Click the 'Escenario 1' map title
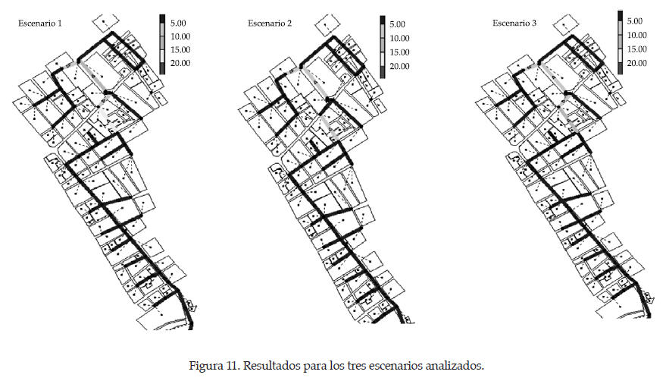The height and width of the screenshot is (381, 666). [41, 24]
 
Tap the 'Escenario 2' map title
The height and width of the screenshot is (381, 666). [270, 24]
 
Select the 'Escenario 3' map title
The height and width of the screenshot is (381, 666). [514, 24]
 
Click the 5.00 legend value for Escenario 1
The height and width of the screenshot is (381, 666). [181, 22]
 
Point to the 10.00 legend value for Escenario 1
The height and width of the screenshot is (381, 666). [181, 36]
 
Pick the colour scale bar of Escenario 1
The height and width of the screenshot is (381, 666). [162, 43]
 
